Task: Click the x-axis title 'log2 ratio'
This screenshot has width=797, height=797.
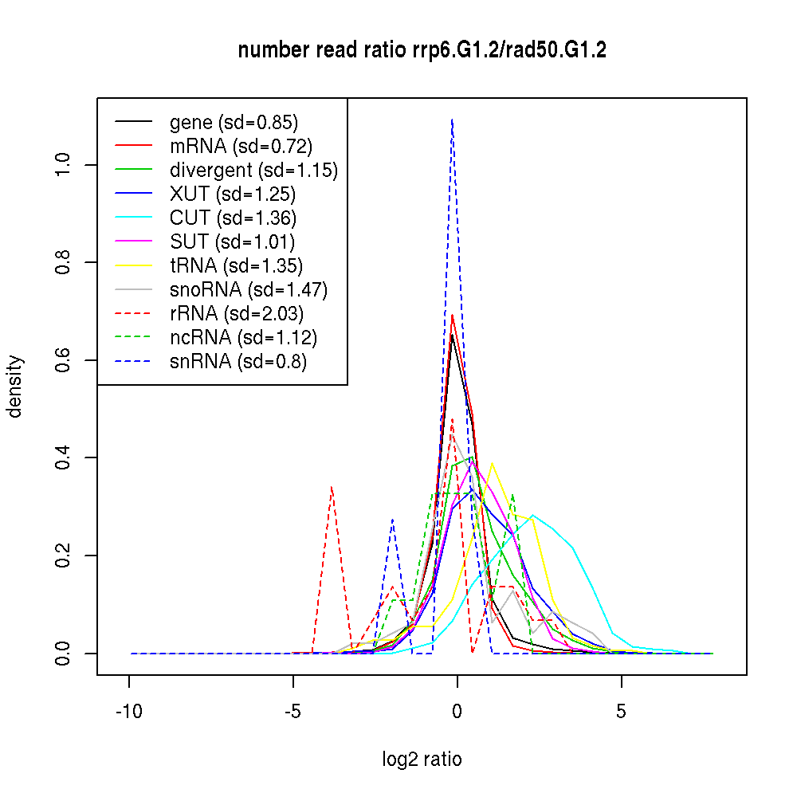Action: click(422, 759)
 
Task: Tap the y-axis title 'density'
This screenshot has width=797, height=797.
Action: click(14, 387)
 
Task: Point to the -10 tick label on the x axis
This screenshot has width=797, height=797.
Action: click(129, 712)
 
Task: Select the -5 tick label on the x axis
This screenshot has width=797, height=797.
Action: click(293, 712)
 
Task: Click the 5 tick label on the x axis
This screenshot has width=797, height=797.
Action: click(622, 712)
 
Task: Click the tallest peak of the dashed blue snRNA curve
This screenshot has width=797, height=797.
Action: click(452, 120)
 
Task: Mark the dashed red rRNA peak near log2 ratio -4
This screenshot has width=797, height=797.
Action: click(331, 487)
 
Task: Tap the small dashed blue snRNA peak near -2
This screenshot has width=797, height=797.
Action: click(392, 520)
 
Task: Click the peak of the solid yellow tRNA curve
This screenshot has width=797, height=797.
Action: click(492, 463)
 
